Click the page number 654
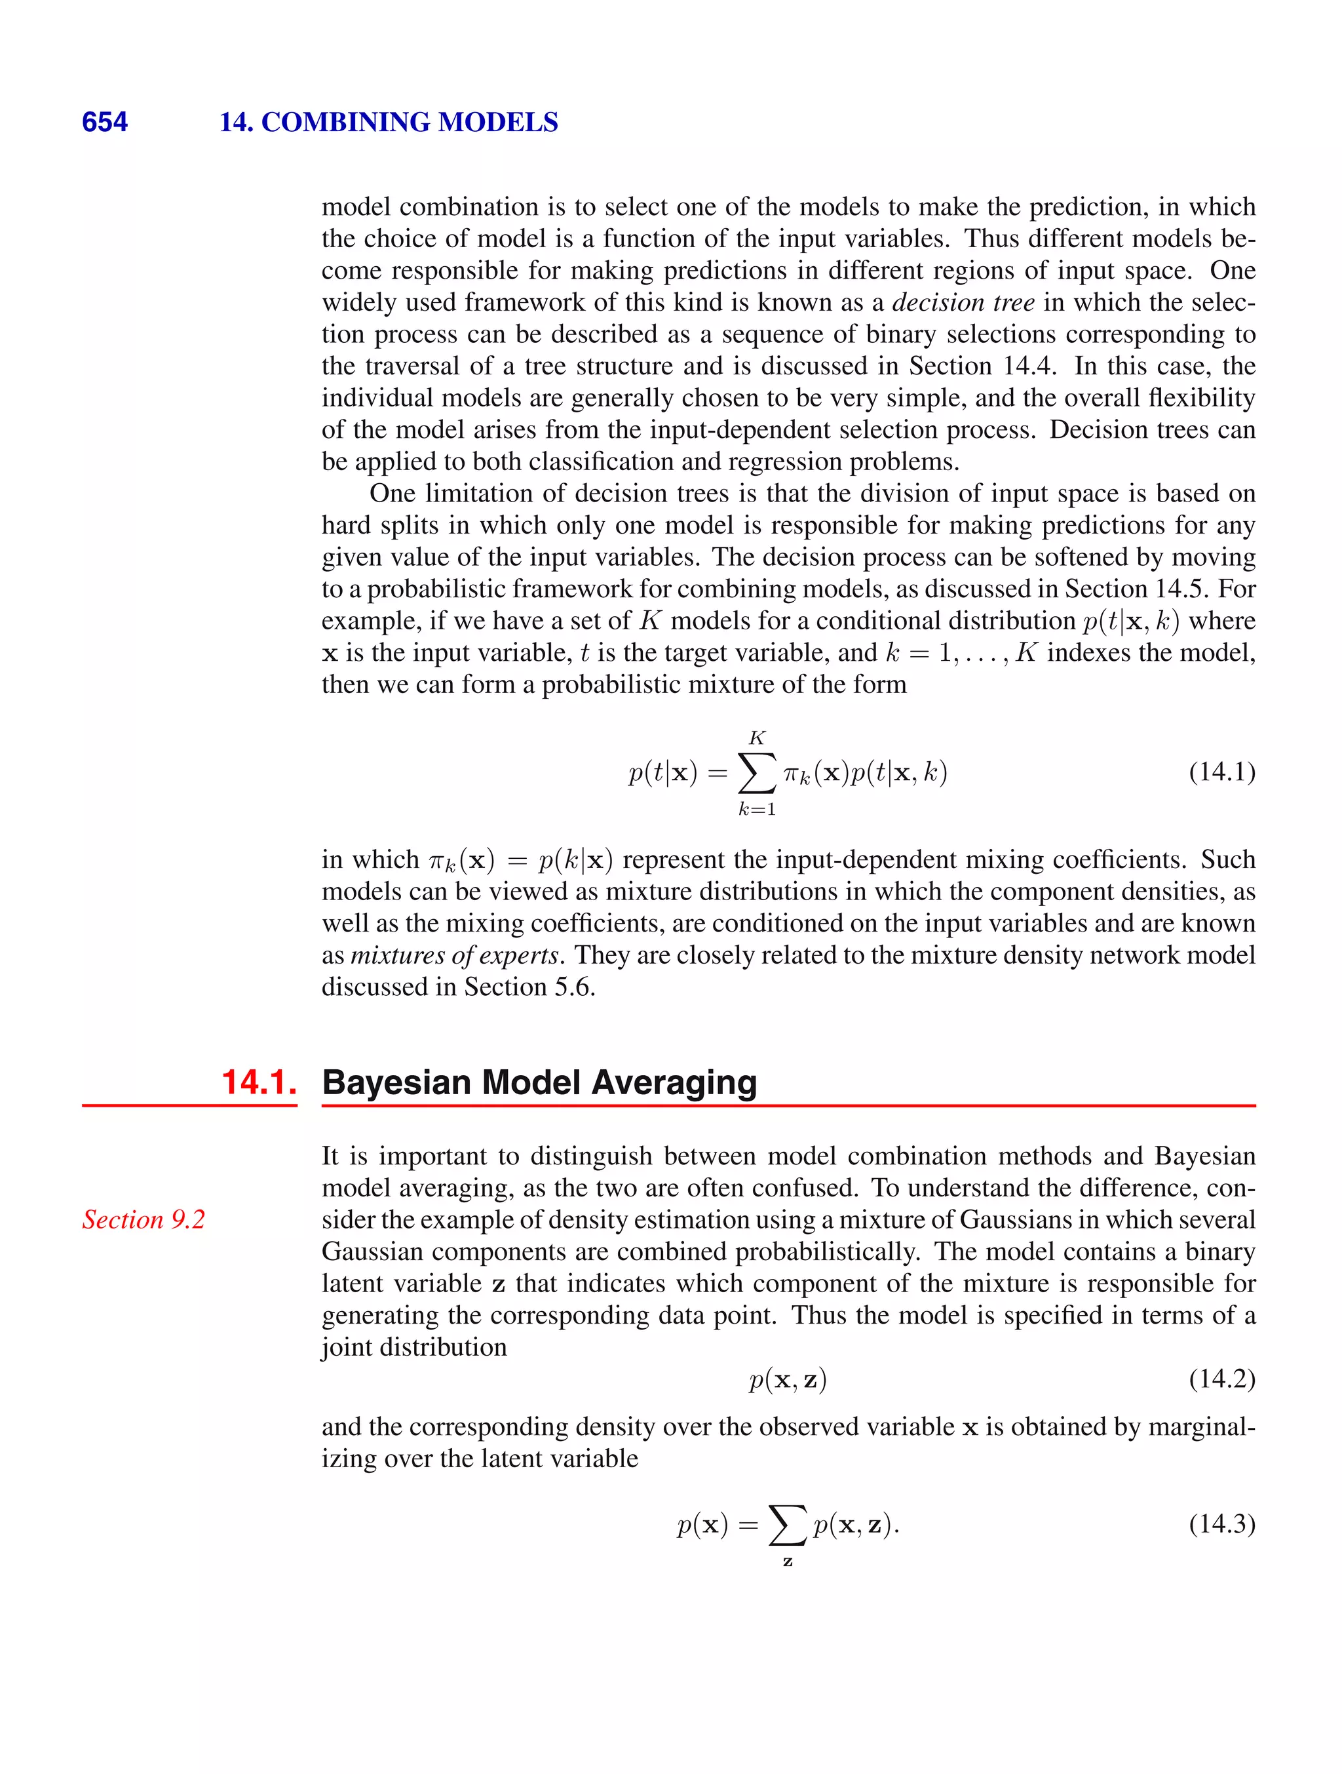104,122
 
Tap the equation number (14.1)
1221,772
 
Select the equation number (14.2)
1221,1379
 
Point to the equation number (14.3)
1221,1523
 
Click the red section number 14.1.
258,1082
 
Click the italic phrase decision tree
963,302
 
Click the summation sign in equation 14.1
756,772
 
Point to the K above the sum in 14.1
756,738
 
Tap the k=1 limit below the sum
756,809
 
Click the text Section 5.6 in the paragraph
528,987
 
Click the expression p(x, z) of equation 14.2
787,1379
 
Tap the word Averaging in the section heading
674,1082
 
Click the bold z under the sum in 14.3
787,1562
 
